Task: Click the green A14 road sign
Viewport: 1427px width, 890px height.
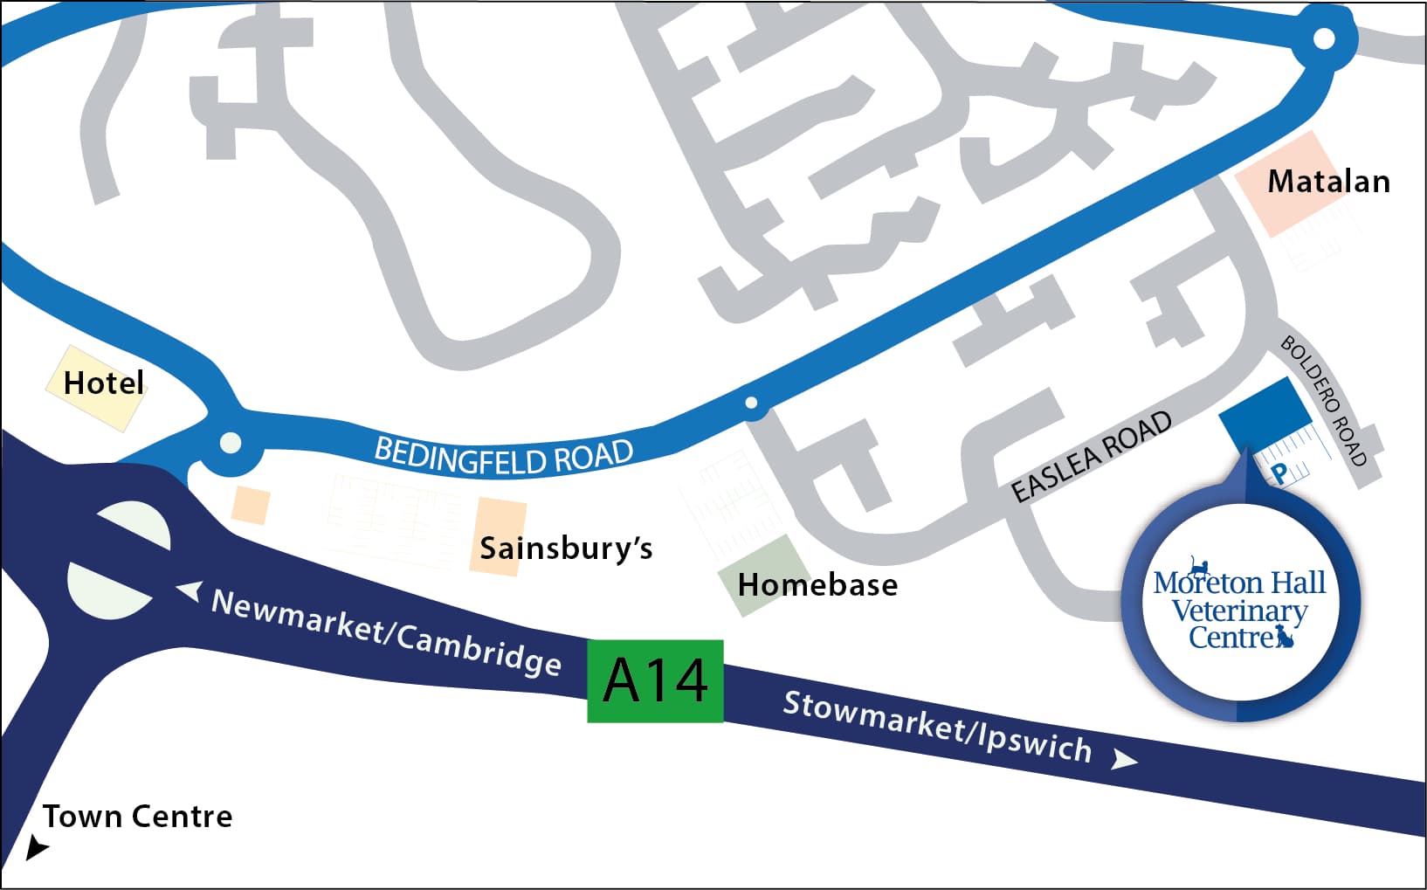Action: (x=655, y=680)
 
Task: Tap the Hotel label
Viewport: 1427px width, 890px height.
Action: (x=103, y=383)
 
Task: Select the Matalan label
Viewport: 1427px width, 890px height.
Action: (x=1328, y=182)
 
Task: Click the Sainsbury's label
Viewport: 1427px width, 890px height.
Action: (x=566, y=548)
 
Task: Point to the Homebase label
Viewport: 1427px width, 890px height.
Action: (x=817, y=584)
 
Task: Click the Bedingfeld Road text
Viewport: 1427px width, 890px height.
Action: (x=504, y=456)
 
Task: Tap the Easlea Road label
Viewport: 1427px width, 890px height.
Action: (x=1092, y=456)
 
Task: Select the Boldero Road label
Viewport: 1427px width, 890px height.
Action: (x=1323, y=400)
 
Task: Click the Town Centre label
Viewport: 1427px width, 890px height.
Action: (x=138, y=817)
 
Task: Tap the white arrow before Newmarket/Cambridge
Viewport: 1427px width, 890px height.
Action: (x=190, y=591)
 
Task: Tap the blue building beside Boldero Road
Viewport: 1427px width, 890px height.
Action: (x=1265, y=411)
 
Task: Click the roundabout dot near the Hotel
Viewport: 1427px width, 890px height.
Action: (x=231, y=443)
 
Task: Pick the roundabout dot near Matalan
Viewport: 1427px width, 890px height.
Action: (x=1324, y=38)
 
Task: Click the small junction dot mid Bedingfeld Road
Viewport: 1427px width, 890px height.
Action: (x=751, y=403)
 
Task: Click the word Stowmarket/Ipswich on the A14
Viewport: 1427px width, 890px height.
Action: (x=937, y=726)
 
